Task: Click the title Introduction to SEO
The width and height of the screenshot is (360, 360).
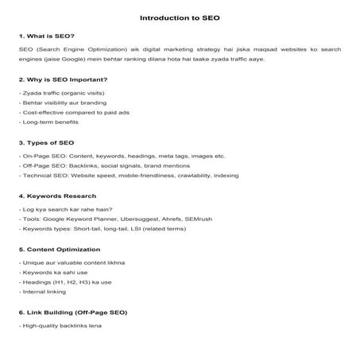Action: coord(180,16)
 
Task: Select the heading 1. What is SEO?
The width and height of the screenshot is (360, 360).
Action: coord(46,36)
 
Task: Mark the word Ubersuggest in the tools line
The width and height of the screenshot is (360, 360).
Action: coord(150,218)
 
